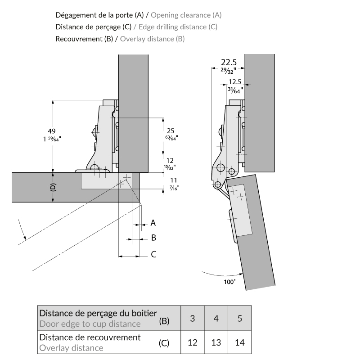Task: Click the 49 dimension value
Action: click(x=52, y=131)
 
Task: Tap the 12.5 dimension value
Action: click(x=235, y=82)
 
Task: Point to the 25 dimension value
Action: click(x=171, y=130)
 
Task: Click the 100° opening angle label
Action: click(x=229, y=282)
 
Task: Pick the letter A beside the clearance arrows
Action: click(x=153, y=223)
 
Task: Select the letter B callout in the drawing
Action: click(x=153, y=238)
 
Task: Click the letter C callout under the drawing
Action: click(x=153, y=254)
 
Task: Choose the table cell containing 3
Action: click(x=192, y=319)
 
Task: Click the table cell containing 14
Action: click(x=240, y=342)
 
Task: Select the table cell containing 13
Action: click(x=216, y=342)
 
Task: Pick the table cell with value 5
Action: click(x=240, y=319)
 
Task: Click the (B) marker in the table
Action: click(x=164, y=321)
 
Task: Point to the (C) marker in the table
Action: click(x=164, y=343)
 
